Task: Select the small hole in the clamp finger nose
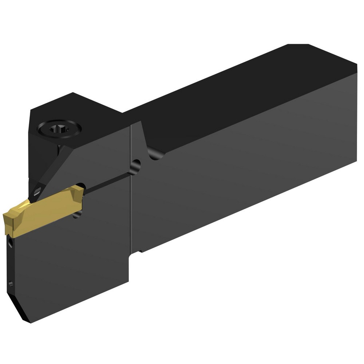pos(37,190)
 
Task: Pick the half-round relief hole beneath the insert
pos(78,215)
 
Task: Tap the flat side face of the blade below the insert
pos(73,262)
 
